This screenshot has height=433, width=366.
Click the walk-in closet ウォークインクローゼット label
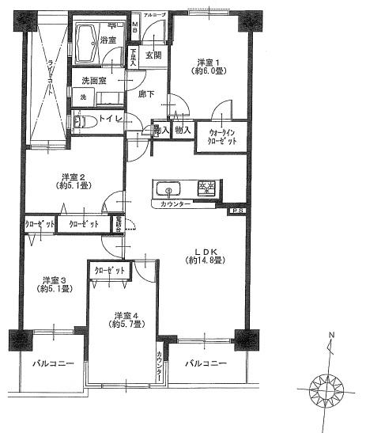click(x=226, y=135)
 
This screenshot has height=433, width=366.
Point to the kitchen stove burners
click(x=207, y=188)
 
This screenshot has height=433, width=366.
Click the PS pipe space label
click(x=236, y=211)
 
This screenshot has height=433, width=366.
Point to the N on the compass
click(x=331, y=335)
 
